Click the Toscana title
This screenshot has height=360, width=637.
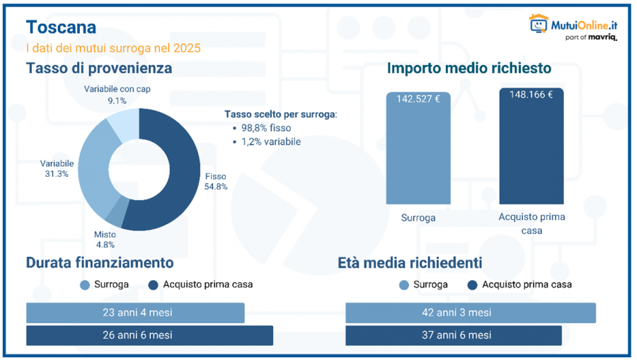[61, 28]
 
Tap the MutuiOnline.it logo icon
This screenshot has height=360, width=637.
[539, 24]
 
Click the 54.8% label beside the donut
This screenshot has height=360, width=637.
[216, 187]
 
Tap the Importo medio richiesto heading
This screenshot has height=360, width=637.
[469, 69]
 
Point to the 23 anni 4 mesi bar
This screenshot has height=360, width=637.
[135, 313]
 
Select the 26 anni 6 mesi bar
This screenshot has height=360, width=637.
[149, 335]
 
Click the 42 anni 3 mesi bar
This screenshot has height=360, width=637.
[471, 313]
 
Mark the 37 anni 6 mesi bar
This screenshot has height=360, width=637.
[454, 335]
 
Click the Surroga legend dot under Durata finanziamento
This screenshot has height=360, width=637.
[86, 285]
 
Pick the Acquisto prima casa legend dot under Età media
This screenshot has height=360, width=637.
[473, 285]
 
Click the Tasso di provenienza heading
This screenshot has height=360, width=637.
[99, 69]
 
